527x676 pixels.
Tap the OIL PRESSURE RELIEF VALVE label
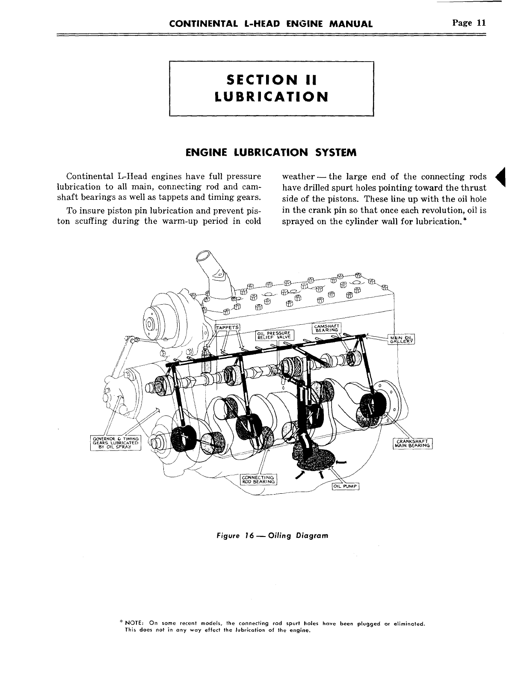(274, 335)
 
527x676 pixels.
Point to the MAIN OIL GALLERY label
(399, 338)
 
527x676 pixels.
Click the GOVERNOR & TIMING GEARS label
(115, 443)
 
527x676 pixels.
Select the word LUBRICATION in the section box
(272, 97)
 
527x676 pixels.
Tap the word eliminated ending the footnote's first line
(409, 624)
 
